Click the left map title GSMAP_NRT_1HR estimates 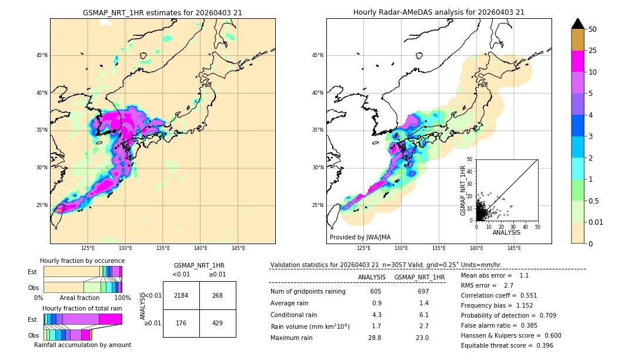point(162,12)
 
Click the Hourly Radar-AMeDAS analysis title point(439,12)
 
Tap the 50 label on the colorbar point(593,29)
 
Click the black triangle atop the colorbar point(578,24)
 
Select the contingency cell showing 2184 point(181,295)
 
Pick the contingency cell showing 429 point(218,324)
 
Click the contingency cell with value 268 point(218,295)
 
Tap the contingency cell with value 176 point(181,324)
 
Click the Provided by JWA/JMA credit point(360,237)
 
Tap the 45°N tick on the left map point(41,55)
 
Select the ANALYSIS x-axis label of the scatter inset point(506,232)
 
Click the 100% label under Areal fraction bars point(122,298)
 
